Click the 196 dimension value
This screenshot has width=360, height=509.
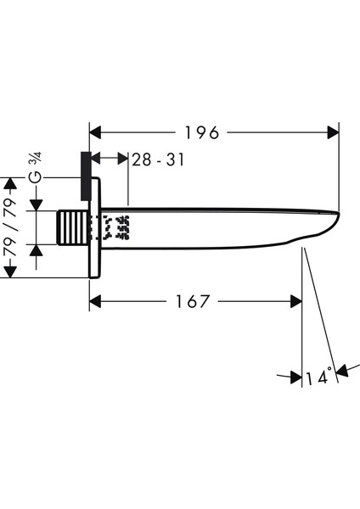[202, 132]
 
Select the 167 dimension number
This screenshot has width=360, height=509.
[193, 301]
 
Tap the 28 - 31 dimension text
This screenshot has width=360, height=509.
[158, 159]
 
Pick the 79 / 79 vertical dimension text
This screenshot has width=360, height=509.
[9, 227]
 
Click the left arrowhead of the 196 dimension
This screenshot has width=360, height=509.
[96, 132]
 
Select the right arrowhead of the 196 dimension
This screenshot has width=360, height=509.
[333, 132]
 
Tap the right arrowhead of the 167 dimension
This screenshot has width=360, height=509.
[296, 301]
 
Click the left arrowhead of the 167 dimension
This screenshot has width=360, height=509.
[96, 301]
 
